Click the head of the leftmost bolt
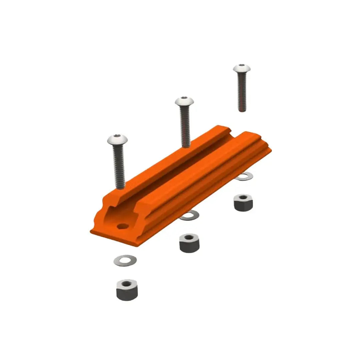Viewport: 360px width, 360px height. (117, 139)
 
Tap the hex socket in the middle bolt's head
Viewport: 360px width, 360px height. (184, 99)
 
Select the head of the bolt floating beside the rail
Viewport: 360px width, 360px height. (242, 68)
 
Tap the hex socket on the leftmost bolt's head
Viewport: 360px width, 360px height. (117, 136)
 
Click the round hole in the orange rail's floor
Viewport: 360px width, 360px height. (123, 226)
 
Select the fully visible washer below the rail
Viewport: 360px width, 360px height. (125, 260)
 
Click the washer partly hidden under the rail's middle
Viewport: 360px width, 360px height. (190, 216)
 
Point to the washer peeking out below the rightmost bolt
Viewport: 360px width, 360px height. (245, 177)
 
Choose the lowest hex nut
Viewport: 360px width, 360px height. (127, 290)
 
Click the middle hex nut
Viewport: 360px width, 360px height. (189, 243)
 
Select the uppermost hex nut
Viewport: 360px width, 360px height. (243, 203)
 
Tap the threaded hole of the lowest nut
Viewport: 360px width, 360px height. (127, 284)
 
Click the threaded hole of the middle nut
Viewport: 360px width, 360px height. (189, 237)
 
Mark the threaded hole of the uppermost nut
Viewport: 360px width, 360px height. (243, 198)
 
